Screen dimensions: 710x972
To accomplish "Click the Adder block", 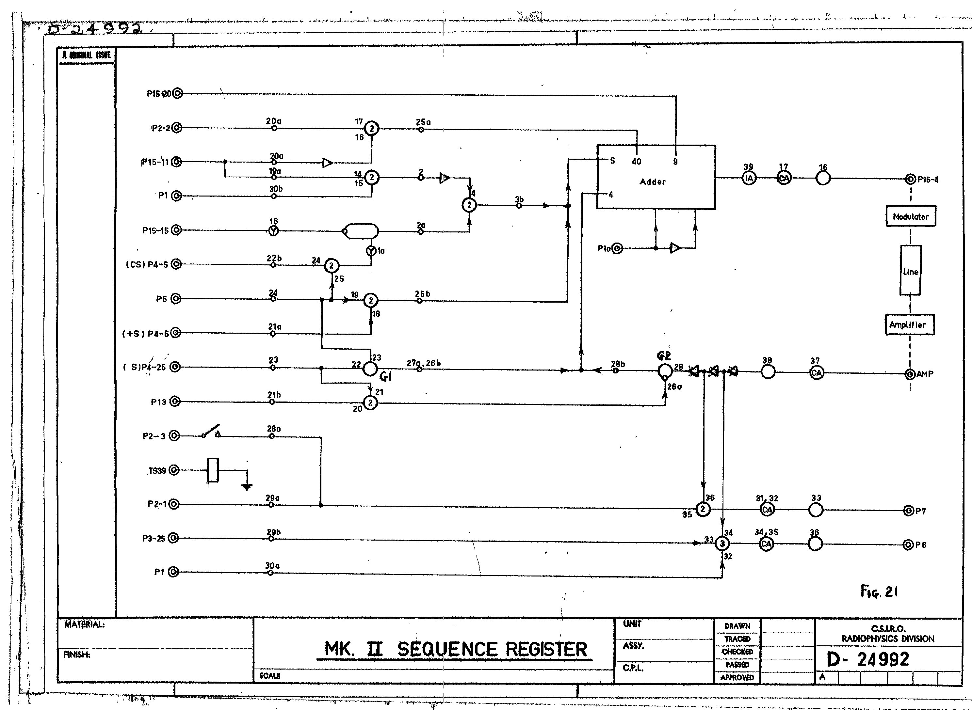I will [x=656, y=177].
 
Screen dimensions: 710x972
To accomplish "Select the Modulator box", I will [x=911, y=217].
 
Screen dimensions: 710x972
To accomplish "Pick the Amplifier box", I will [x=909, y=325].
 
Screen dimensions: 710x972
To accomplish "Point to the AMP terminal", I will [x=910, y=374].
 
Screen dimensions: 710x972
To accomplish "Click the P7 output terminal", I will [x=908, y=511].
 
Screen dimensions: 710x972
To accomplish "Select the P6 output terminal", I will [x=908, y=545].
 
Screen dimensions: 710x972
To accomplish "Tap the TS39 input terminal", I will [x=174, y=470].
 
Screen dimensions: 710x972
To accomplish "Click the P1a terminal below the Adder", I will [x=617, y=248].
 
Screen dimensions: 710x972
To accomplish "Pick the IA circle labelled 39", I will [x=749, y=178].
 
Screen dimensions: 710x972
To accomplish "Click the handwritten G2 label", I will [x=664, y=355].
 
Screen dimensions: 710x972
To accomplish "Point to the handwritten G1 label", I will [x=386, y=376].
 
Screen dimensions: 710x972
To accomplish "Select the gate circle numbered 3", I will [x=722, y=544].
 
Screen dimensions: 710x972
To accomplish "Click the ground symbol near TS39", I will [x=247, y=486].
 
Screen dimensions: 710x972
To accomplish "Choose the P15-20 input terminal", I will [x=177, y=93].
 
